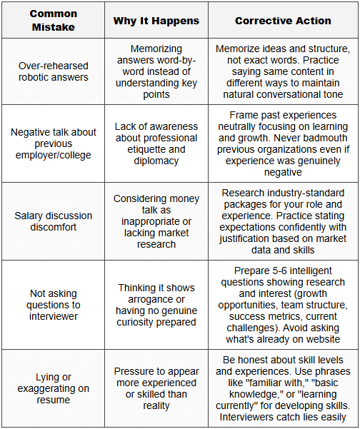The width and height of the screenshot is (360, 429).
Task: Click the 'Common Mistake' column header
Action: coord(53,21)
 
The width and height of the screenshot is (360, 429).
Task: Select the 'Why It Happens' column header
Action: coord(156,21)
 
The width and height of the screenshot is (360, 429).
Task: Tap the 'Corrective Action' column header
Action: coord(283,21)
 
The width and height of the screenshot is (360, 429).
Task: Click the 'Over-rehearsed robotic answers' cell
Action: coord(53,72)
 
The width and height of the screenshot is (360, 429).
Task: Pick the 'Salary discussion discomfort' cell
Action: coord(53,221)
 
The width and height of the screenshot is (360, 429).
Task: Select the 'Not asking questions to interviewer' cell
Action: coord(53,305)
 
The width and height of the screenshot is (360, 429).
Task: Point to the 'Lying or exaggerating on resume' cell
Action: coord(53,388)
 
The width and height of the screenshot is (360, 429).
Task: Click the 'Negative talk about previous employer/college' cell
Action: coord(53,144)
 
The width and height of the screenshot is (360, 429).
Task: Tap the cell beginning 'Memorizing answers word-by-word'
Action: coord(156,72)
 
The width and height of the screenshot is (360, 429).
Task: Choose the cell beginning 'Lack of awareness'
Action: coord(156,144)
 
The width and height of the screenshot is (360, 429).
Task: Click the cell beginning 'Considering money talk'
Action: coord(156,221)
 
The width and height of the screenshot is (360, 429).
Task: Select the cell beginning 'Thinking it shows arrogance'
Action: coord(156,305)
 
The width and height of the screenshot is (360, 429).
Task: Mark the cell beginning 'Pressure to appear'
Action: coord(156,388)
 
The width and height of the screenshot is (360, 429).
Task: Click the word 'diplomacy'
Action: coord(156,161)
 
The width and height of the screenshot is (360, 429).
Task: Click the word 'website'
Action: coord(325,338)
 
